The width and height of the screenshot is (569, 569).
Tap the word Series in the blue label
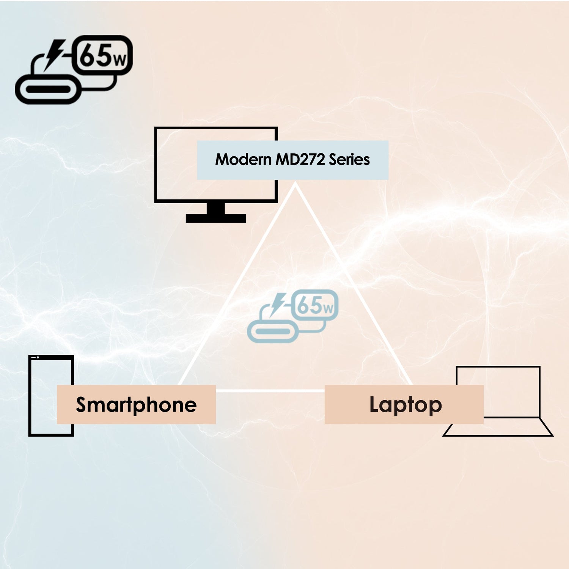point(349,160)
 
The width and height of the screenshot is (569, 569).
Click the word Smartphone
point(136,405)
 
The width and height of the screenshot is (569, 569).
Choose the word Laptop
point(405,405)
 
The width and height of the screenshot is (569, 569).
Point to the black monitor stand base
point(215,218)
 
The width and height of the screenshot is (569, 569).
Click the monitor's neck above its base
point(215,208)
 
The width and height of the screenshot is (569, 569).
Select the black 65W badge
point(102,55)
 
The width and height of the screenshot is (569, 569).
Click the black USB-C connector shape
point(48,90)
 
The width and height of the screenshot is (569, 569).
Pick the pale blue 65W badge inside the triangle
point(315,305)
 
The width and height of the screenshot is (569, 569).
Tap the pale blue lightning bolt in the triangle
point(278,303)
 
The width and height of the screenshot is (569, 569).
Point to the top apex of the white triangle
point(295,185)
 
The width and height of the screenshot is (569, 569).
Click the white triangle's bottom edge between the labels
point(270,390)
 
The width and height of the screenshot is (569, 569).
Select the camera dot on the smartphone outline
point(38,357)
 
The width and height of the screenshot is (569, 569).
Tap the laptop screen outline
point(498,367)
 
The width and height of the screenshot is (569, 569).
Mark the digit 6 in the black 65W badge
point(87,56)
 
